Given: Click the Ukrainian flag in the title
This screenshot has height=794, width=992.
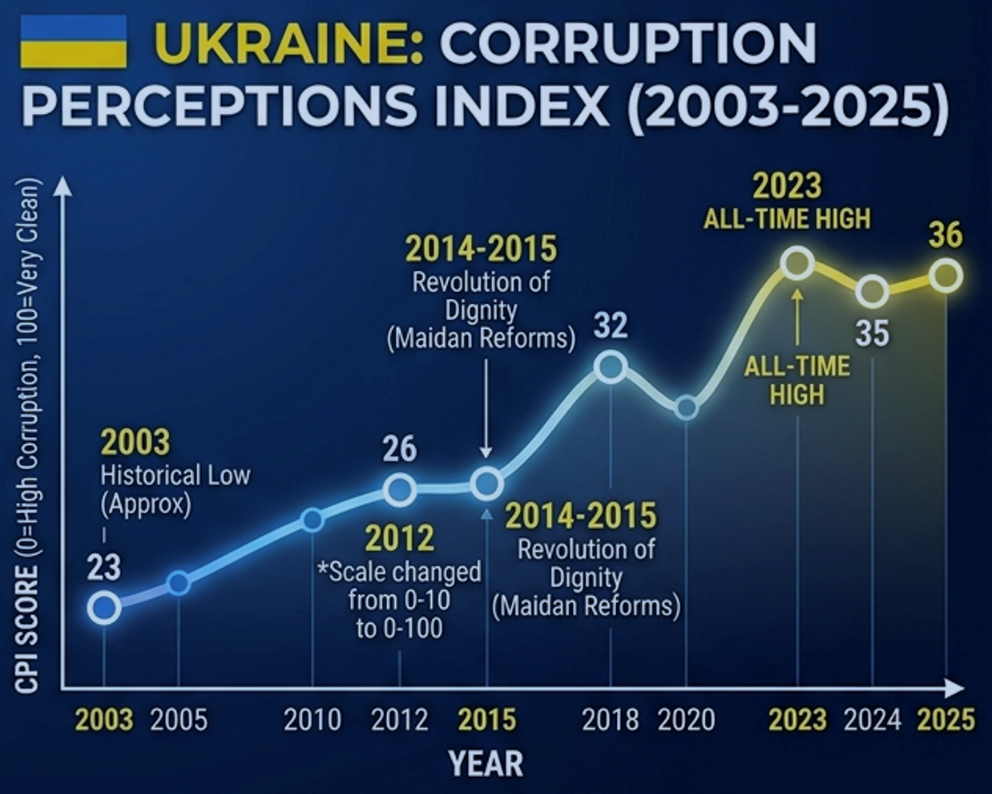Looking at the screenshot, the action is [73, 42].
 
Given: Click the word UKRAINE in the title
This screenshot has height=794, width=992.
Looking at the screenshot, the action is [288, 43].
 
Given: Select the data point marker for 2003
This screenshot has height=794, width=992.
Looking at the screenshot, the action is [104, 608].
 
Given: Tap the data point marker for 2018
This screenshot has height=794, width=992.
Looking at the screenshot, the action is [611, 367].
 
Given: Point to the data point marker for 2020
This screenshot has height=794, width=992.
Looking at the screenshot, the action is [687, 407].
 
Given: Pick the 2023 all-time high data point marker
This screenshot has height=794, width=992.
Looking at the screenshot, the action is [797, 262].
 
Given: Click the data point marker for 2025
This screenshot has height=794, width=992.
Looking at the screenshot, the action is [946, 276].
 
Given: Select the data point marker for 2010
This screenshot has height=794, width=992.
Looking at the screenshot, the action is [313, 520].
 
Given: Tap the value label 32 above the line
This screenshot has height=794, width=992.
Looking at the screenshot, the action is [611, 326].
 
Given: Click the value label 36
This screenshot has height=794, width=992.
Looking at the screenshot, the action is [946, 235].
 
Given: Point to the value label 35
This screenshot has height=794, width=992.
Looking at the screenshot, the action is [872, 333].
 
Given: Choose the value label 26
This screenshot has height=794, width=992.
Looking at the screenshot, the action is [400, 448].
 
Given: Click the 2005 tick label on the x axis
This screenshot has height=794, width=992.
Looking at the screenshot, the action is [179, 719].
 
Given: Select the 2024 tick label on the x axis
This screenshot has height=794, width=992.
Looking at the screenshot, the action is [872, 719].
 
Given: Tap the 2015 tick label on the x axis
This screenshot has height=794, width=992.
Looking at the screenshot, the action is [486, 719].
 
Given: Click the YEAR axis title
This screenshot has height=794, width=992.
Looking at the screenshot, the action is [486, 764].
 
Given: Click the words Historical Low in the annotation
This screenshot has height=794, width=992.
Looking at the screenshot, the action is [175, 476].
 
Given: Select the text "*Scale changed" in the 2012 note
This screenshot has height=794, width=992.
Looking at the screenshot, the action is [400, 572].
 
